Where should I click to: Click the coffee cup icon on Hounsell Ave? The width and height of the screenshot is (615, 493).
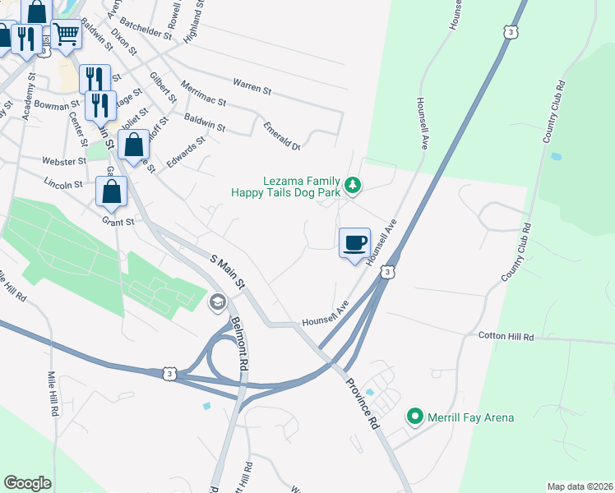[355, 242]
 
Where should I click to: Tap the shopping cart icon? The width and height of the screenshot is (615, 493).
[67, 35]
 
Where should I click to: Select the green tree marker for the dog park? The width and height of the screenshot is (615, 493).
[353, 185]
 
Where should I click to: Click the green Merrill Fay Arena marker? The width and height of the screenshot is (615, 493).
[415, 417]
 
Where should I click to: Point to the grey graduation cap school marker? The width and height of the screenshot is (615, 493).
[218, 302]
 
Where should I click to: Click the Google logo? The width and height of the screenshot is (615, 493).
[27, 483]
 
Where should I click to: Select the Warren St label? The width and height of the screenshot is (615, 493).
[252, 84]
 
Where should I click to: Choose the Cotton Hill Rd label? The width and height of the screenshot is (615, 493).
[506, 337]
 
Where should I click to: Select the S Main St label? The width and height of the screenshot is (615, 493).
[229, 272]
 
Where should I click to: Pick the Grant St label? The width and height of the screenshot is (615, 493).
[118, 222]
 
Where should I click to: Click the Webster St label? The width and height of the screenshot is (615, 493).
[65, 161]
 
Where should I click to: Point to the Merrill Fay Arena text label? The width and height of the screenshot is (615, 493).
[470, 417]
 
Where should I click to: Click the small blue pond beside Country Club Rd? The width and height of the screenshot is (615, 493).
[557, 155]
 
